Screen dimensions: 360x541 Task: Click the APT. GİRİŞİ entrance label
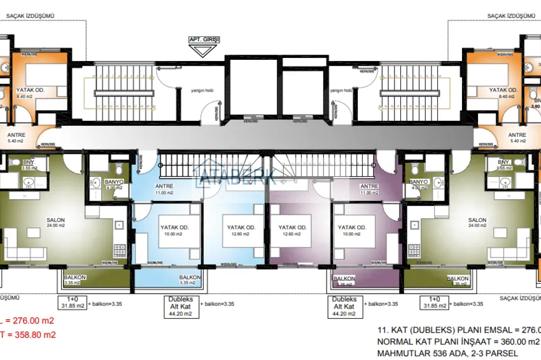(x=204, y=39)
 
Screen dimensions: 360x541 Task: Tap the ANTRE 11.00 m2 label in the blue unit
(x=164, y=189)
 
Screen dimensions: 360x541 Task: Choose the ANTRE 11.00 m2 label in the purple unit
(x=370, y=189)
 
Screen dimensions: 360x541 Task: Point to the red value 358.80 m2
(x=32, y=335)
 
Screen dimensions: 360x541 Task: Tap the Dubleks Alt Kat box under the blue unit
(x=181, y=306)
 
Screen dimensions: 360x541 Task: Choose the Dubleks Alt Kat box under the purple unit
(x=344, y=306)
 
